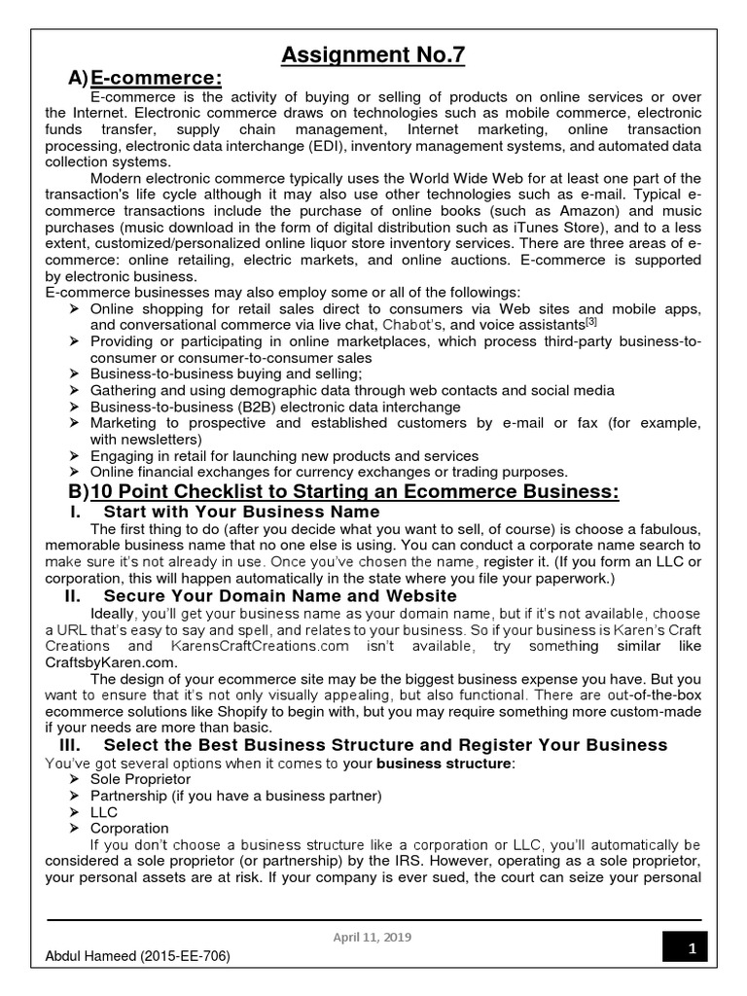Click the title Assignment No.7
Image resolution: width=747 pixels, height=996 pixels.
point(373,55)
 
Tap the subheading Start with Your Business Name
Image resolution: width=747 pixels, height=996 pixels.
point(241,512)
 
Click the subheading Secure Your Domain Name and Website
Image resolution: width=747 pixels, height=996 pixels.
point(279,595)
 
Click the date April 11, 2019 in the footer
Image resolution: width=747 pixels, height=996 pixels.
point(373,937)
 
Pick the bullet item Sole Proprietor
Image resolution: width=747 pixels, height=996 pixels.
point(140,779)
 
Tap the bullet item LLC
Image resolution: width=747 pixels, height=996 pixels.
point(104,811)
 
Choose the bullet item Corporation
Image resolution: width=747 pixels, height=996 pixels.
point(129,828)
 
